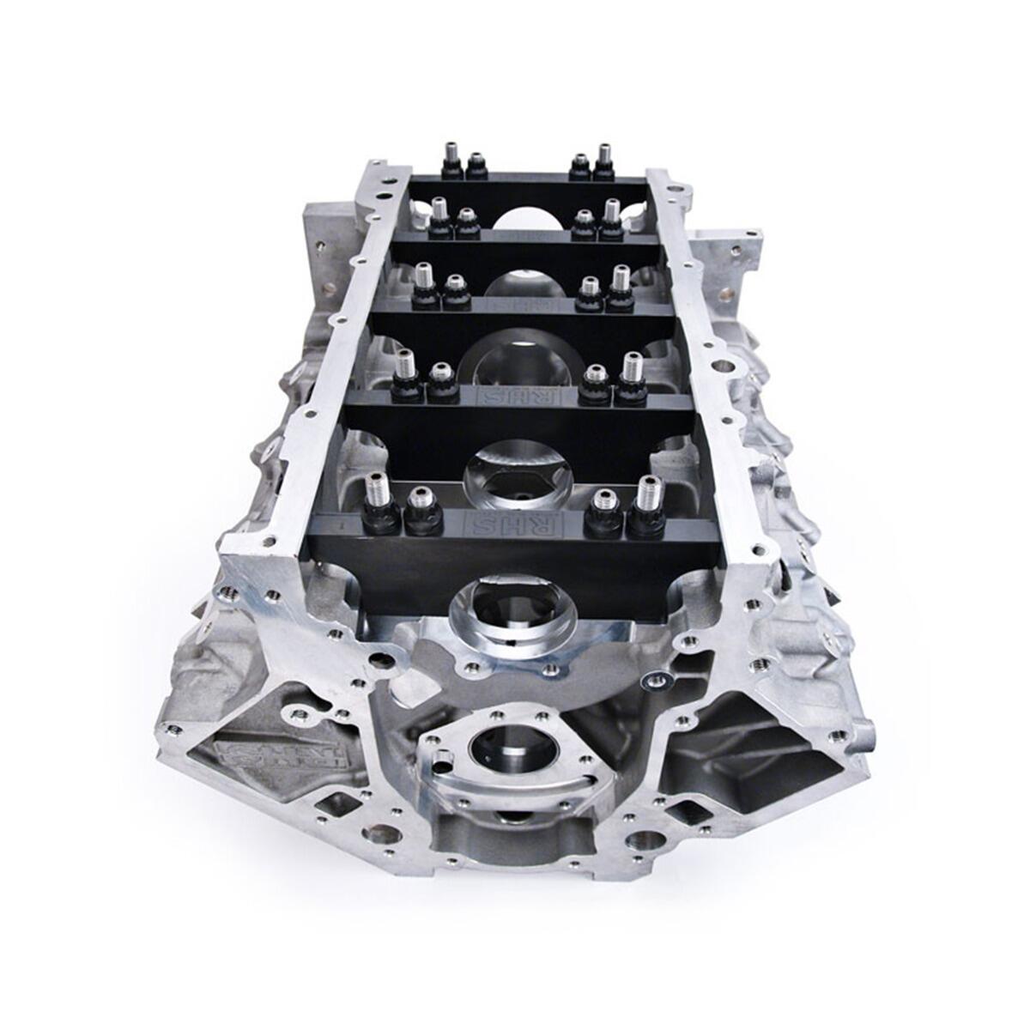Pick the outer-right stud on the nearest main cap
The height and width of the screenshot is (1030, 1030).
pyautogui.click(x=646, y=500)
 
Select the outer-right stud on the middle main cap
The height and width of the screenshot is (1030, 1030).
pyautogui.click(x=621, y=284)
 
